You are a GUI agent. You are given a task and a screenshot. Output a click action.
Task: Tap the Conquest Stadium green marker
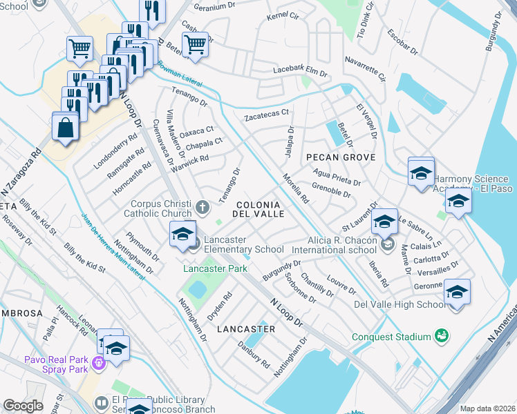coord(440,336)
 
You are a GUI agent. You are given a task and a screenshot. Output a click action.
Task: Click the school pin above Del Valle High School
coord(457,292)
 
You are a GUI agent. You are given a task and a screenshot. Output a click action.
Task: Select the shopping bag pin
coord(65,128)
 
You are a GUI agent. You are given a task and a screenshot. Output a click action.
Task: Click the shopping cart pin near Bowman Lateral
coord(196,45)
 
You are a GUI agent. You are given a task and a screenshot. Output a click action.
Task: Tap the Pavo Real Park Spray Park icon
coord(98,362)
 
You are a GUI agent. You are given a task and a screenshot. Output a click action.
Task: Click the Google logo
coord(23,406)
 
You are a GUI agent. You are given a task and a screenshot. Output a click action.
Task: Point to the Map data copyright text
coord(487,408)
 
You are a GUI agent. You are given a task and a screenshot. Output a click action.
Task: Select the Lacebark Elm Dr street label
coord(299,71)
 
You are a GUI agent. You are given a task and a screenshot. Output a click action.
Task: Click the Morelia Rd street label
coord(294,188)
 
